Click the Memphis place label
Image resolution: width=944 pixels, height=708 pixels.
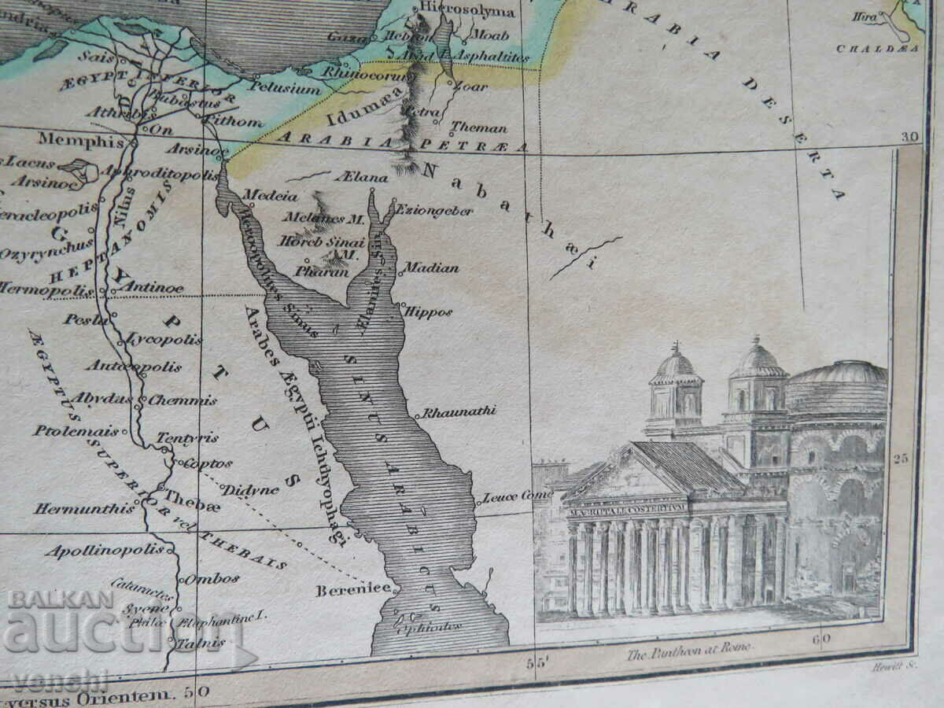81,141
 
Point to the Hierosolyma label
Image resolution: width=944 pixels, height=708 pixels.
467,11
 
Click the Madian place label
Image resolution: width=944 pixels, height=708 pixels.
431,268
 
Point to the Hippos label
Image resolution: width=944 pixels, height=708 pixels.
429,312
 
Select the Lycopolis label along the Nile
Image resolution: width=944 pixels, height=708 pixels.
164,340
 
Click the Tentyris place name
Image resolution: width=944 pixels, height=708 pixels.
187,437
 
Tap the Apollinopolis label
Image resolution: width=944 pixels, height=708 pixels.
105,551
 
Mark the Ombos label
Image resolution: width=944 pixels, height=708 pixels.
212,578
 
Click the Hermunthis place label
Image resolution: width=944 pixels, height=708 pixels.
84,509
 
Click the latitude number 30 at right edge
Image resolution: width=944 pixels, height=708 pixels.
910,137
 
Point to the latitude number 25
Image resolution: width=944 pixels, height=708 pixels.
902,456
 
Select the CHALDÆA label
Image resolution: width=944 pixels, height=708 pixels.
877,48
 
